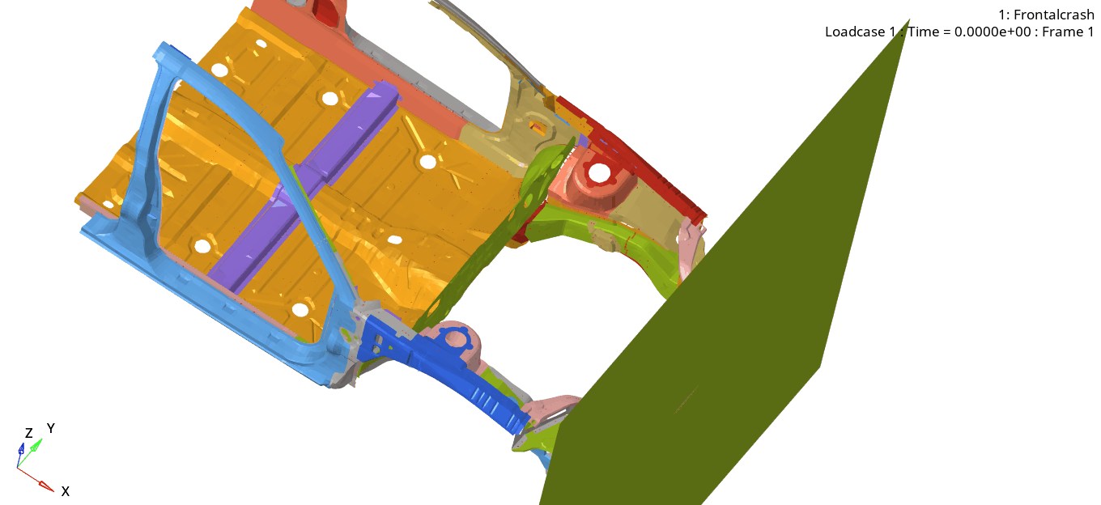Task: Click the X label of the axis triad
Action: point(66,491)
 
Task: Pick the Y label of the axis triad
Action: point(51,428)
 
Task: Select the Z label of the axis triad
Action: point(29,433)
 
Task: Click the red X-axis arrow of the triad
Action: point(36,479)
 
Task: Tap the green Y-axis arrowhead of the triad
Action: point(36,446)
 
